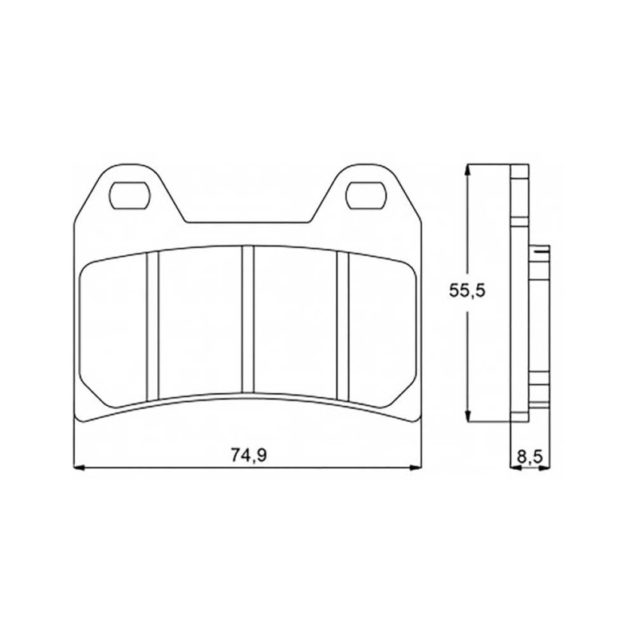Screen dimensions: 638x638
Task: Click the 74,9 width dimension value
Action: pos(249,455)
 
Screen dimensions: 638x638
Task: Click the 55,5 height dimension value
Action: pos(467,291)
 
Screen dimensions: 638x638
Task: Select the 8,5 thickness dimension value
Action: pos(530,456)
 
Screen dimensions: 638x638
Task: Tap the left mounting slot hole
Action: pos(130,195)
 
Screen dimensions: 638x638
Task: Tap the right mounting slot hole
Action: pos(365,195)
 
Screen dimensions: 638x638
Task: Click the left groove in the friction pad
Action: pos(152,326)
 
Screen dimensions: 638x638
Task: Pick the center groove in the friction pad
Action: pos(247,319)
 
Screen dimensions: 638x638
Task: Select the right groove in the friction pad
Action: pos(343,326)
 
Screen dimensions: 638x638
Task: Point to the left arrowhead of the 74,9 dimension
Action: pos(79,468)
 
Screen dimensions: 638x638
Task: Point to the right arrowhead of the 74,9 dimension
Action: pos(415,468)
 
